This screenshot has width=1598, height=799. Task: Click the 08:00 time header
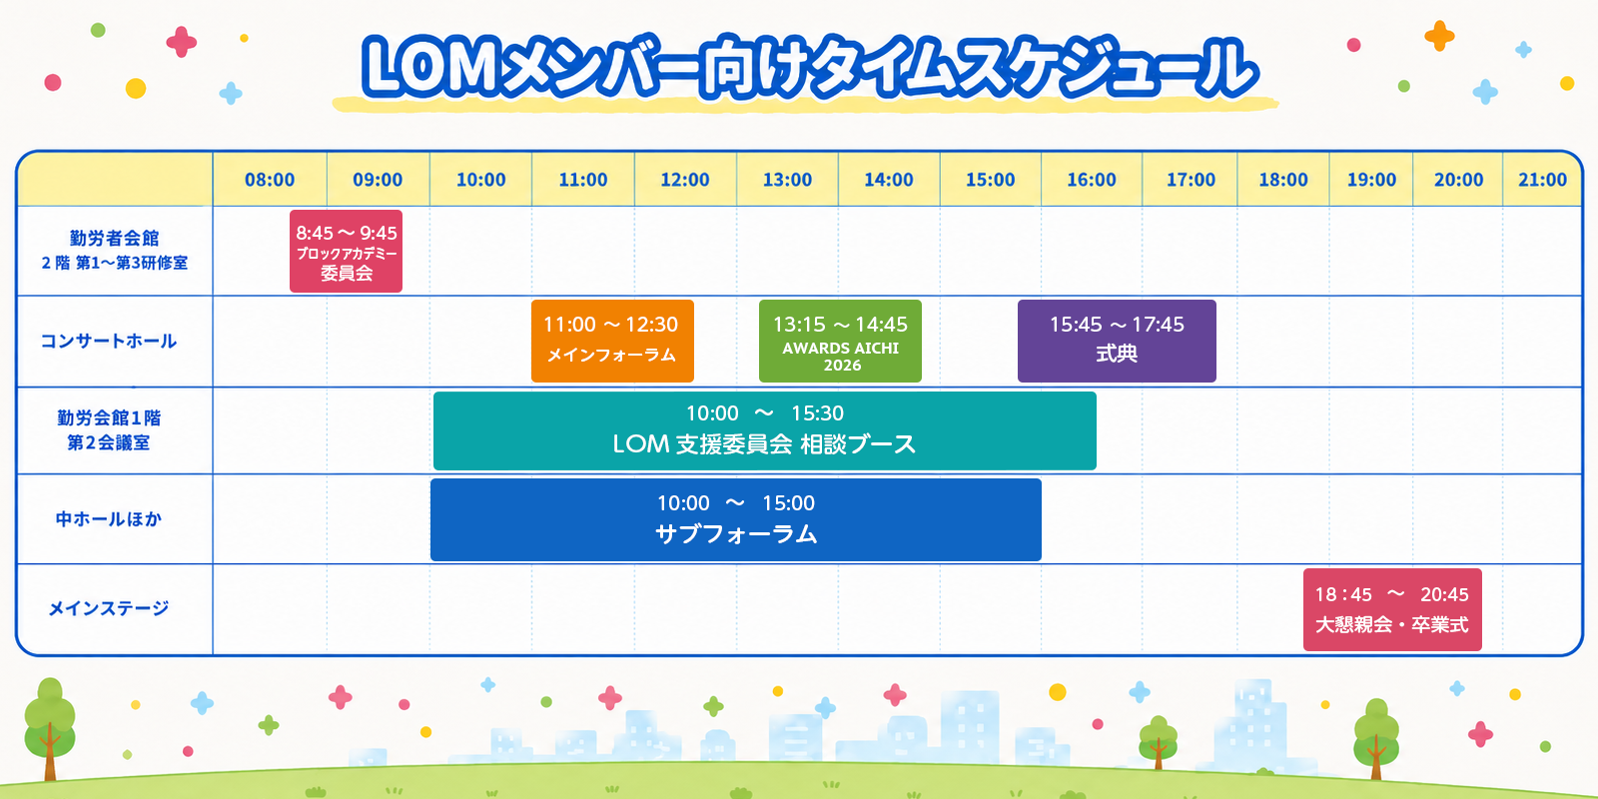pos(270,180)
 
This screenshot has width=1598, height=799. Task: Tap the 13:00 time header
pos(787,180)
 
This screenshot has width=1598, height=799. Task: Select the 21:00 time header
pos(1542,180)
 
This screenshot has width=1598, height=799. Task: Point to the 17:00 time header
pos(1191,180)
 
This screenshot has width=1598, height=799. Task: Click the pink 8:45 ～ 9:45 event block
pos(346,251)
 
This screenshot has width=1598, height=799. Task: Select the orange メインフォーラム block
pos(612,341)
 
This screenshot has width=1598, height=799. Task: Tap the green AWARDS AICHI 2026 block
pos(840,341)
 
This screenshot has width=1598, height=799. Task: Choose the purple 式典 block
pos(1117,341)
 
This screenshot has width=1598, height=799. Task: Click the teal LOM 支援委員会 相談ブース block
pos(765,430)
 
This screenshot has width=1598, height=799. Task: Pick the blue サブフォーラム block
pos(735,520)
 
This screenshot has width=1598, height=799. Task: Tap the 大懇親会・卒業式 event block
pos(1392,610)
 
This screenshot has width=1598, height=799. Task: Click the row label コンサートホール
pos(109,341)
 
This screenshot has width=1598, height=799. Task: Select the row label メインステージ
pos(109,608)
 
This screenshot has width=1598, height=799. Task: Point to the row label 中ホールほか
pos(109,519)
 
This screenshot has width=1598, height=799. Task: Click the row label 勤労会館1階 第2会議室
pos(109,430)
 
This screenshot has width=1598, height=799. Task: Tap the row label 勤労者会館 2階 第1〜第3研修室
pos(114,251)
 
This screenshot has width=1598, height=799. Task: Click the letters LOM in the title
pos(432,68)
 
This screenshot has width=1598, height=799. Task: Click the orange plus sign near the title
pos(1439,36)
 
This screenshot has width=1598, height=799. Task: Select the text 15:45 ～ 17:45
pos(1117,325)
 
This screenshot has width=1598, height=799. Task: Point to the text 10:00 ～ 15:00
pos(735,503)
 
